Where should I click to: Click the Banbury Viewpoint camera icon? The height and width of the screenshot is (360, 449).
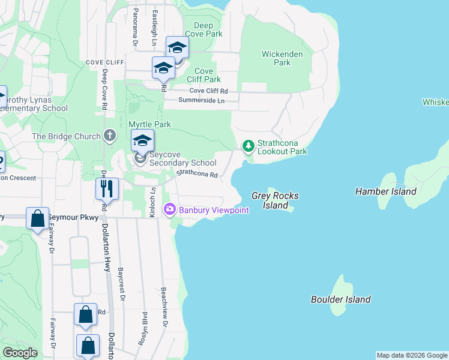click(x=169, y=209)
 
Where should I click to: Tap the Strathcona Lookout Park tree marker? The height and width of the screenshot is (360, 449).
click(x=247, y=146)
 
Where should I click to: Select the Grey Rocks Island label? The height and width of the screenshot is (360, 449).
click(x=274, y=200)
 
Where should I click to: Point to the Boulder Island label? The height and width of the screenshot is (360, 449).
click(x=341, y=299)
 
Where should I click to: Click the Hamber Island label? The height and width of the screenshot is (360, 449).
click(x=385, y=191)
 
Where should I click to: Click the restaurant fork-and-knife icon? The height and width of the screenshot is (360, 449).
click(x=107, y=188)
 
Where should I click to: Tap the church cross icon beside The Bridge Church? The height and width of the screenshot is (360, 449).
click(x=109, y=136)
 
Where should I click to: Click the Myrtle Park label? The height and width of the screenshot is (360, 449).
click(x=149, y=124)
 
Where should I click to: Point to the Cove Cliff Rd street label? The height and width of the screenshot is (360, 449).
click(x=209, y=91)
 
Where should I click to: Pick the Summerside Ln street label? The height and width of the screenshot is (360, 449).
click(x=193, y=101)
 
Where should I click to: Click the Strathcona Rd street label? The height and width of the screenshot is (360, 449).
click(x=196, y=174)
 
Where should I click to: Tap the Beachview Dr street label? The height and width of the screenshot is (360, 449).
click(x=164, y=306)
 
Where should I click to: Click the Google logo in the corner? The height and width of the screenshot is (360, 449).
click(x=20, y=353)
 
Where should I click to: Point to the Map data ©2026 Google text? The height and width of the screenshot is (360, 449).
click(x=412, y=355)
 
